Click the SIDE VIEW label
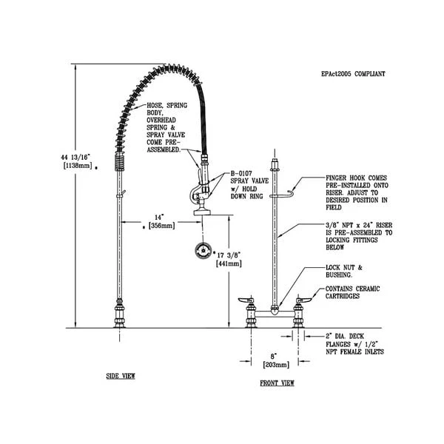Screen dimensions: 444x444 [x=121, y=376]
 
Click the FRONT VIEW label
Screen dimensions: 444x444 [x=277, y=383]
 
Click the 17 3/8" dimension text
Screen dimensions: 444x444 [x=229, y=254]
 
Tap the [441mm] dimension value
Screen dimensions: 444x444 [x=226, y=263]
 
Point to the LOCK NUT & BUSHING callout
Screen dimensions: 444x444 [x=343, y=271]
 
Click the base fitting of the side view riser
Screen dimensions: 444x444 [x=119, y=314]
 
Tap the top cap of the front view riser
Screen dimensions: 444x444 [x=275, y=160]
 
